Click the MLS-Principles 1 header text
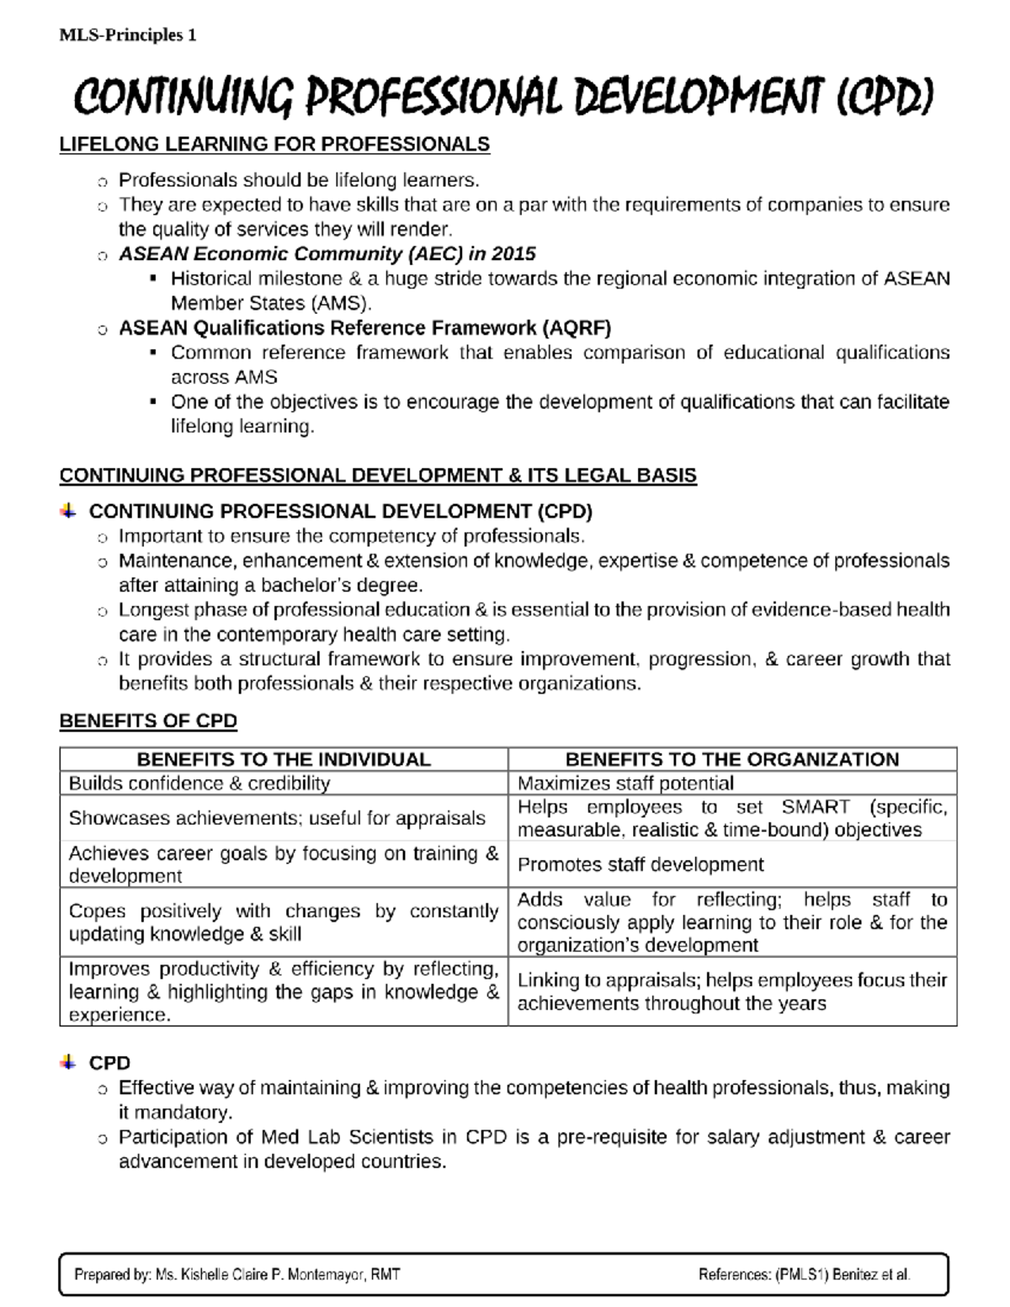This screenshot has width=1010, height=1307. pos(128,35)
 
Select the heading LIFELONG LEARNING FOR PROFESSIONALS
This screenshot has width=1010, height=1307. pos(274,145)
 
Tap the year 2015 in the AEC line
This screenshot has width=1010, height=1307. pos(513,254)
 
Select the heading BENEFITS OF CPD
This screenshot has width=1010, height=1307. pos(148,721)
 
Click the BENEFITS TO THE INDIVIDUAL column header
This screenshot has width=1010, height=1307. pos(284,759)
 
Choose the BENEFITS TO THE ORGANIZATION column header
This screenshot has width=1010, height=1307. pos(732,759)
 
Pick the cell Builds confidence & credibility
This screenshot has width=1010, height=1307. pos(199,784)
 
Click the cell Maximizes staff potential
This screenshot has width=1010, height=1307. pos(625,784)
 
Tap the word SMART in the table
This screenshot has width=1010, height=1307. pos(816,807)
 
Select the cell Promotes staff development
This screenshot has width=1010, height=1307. pos(641,865)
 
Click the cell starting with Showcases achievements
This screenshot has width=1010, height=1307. pos(277,818)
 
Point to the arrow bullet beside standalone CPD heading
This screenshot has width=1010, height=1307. pos(69,1063)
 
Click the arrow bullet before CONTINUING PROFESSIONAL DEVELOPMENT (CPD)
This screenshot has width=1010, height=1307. pos(69,511)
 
